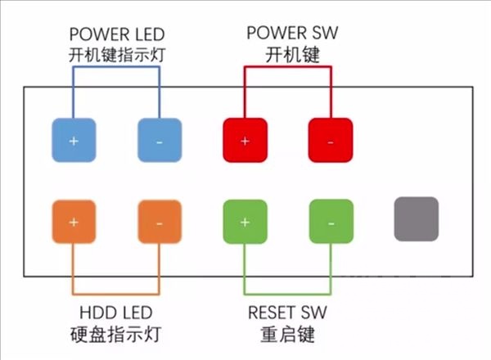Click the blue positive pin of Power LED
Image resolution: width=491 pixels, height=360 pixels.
tap(74, 140)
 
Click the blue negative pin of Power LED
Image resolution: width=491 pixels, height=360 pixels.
tap(159, 140)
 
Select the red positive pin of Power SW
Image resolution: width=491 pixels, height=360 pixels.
tap(245, 140)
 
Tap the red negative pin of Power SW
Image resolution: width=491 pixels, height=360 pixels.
tap(330, 140)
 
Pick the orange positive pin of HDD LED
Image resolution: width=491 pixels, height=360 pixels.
tap(74, 221)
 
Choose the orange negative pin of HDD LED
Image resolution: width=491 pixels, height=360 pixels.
tap(159, 221)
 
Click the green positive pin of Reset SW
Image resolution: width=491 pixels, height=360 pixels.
tap(245, 221)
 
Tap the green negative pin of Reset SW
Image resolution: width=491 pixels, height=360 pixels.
tap(330, 221)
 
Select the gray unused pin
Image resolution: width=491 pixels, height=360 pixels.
tap(416, 219)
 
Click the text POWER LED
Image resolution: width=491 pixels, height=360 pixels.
tap(117, 34)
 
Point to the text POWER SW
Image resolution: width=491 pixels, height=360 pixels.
tap(286, 34)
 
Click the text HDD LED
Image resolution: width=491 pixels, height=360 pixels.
tap(115, 313)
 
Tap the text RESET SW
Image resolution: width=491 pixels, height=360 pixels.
tap(286, 313)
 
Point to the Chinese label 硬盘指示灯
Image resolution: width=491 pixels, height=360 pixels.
tap(115, 334)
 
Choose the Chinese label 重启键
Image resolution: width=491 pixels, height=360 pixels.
tap(286, 334)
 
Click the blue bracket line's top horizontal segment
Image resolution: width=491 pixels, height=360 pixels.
tap(117, 67)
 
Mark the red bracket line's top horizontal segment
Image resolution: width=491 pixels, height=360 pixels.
tap(287, 67)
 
